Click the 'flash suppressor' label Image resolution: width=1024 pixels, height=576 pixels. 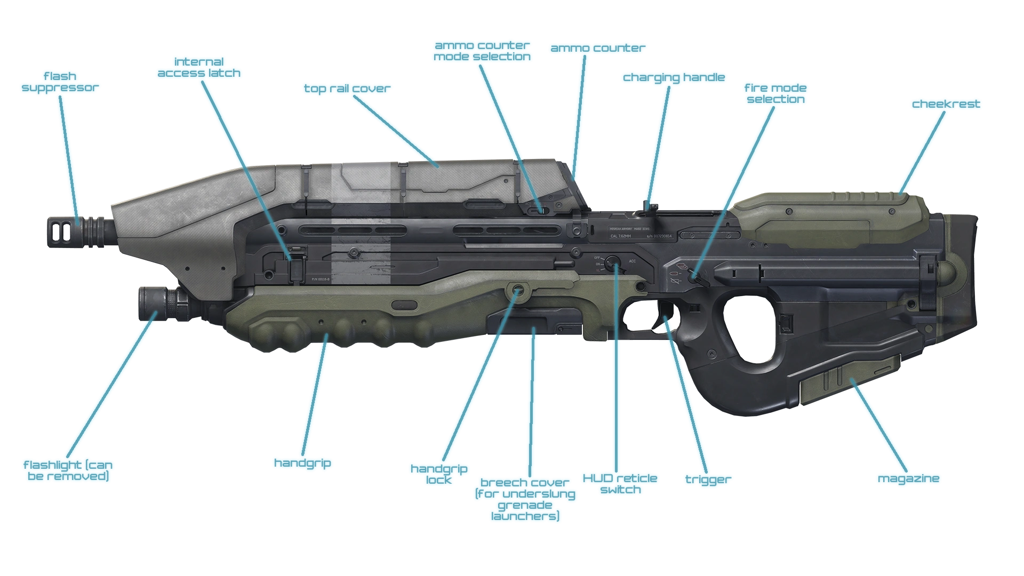point(60,81)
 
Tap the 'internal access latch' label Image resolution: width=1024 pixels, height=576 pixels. point(199,67)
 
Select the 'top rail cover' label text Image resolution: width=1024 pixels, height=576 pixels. point(347,88)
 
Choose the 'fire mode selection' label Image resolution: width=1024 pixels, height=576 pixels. point(775,93)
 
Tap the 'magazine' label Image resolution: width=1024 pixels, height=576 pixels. point(909,479)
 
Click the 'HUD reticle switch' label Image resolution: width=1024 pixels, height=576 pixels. point(620,484)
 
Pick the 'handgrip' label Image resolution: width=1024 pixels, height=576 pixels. point(302,462)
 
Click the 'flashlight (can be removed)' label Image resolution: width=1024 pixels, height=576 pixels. point(68,470)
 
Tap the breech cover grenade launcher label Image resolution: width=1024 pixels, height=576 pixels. point(525,499)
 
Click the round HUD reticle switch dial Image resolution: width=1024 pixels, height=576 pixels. point(613,261)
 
